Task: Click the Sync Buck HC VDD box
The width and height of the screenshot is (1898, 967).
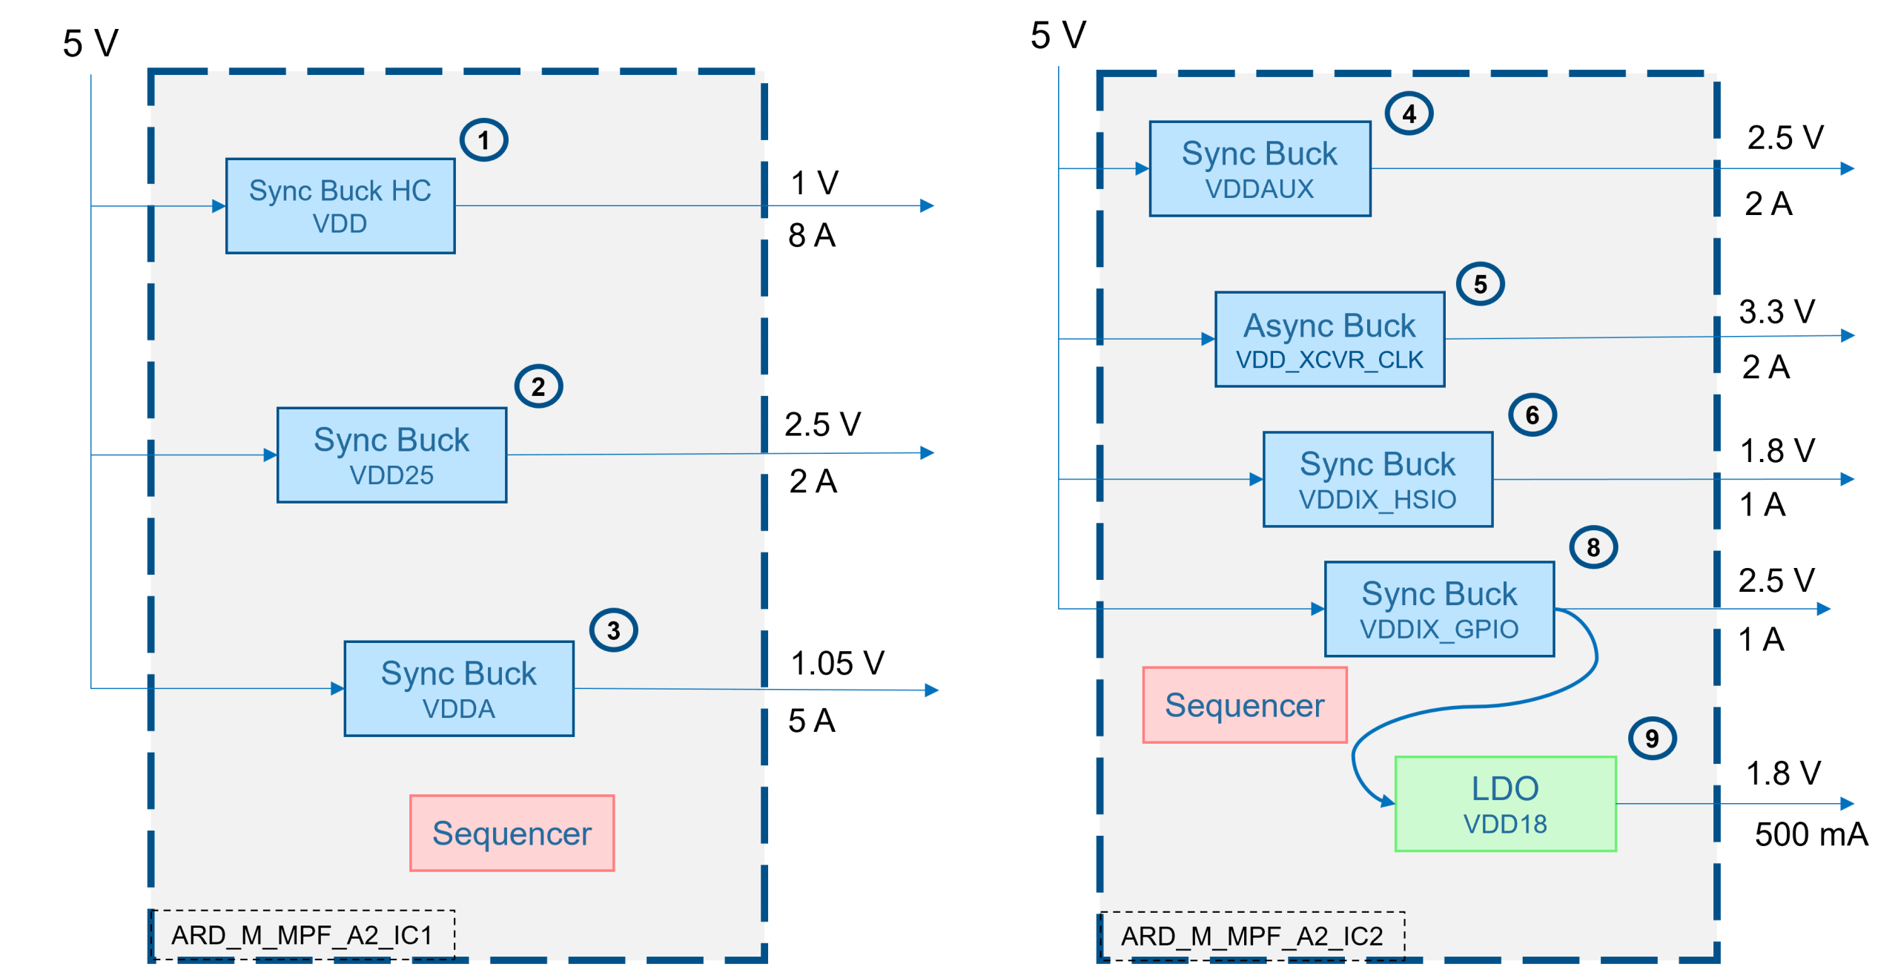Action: pyautogui.click(x=340, y=206)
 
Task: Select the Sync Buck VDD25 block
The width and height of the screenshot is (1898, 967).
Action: pyautogui.click(x=391, y=455)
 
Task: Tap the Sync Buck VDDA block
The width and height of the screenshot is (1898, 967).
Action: pyautogui.click(x=459, y=689)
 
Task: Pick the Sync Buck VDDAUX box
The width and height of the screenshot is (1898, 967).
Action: pyautogui.click(x=1260, y=169)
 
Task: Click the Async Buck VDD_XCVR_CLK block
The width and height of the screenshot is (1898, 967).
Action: pyautogui.click(x=1329, y=340)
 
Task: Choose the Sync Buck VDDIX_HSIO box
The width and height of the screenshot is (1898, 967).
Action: pyautogui.click(x=1378, y=480)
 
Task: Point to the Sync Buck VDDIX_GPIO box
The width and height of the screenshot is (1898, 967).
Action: pyautogui.click(x=1439, y=609)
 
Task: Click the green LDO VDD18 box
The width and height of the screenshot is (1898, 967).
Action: pyautogui.click(x=1505, y=804)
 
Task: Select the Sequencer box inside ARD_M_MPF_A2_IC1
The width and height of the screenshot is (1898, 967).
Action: pyautogui.click(x=512, y=833)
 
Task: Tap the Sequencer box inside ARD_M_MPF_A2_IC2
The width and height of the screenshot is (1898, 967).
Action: pyautogui.click(x=1244, y=705)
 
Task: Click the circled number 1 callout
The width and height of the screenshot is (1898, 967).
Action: pyautogui.click(x=483, y=140)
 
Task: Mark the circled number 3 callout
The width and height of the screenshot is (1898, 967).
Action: pyautogui.click(x=613, y=630)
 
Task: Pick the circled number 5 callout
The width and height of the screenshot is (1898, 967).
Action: pyautogui.click(x=1480, y=284)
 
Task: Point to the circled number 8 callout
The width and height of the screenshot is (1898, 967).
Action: pyautogui.click(x=1593, y=547)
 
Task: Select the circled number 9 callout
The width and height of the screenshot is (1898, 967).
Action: pyautogui.click(x=1652, y=739)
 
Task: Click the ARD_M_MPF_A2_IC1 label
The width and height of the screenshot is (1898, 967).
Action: pyautogui.click(x=302, y=935)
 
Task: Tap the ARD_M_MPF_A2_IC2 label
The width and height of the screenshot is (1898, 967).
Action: pyautogui.click(x=1251, y=936)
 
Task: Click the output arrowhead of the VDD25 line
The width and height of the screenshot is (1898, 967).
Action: pyautogui.click(x=927, y=452)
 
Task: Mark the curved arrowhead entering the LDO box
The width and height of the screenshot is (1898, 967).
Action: pyautogui.click(x=1387, y=802)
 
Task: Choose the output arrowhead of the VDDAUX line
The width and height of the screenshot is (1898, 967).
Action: pyautogui.click(x=1848, y=168)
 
